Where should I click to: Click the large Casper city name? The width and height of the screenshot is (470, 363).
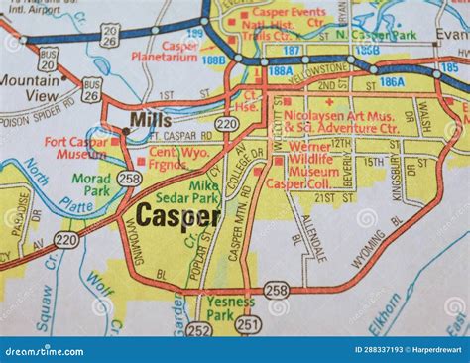[x=177, y=215]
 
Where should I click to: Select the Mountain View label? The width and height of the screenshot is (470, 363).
[x=30, y=88]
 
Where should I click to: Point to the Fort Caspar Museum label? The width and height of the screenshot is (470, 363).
[x=76, y=149]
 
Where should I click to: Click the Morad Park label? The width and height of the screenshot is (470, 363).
[x=91, y=184]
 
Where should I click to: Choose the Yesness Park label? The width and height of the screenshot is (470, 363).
[x=231, y=307]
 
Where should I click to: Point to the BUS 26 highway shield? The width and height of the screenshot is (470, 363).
[x=92, y=90]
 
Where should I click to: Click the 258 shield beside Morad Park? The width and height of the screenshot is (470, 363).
[x=128, y=178]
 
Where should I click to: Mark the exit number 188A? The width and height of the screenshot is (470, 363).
[x=281, y=71]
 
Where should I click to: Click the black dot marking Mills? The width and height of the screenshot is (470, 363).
[x=126, y=129]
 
